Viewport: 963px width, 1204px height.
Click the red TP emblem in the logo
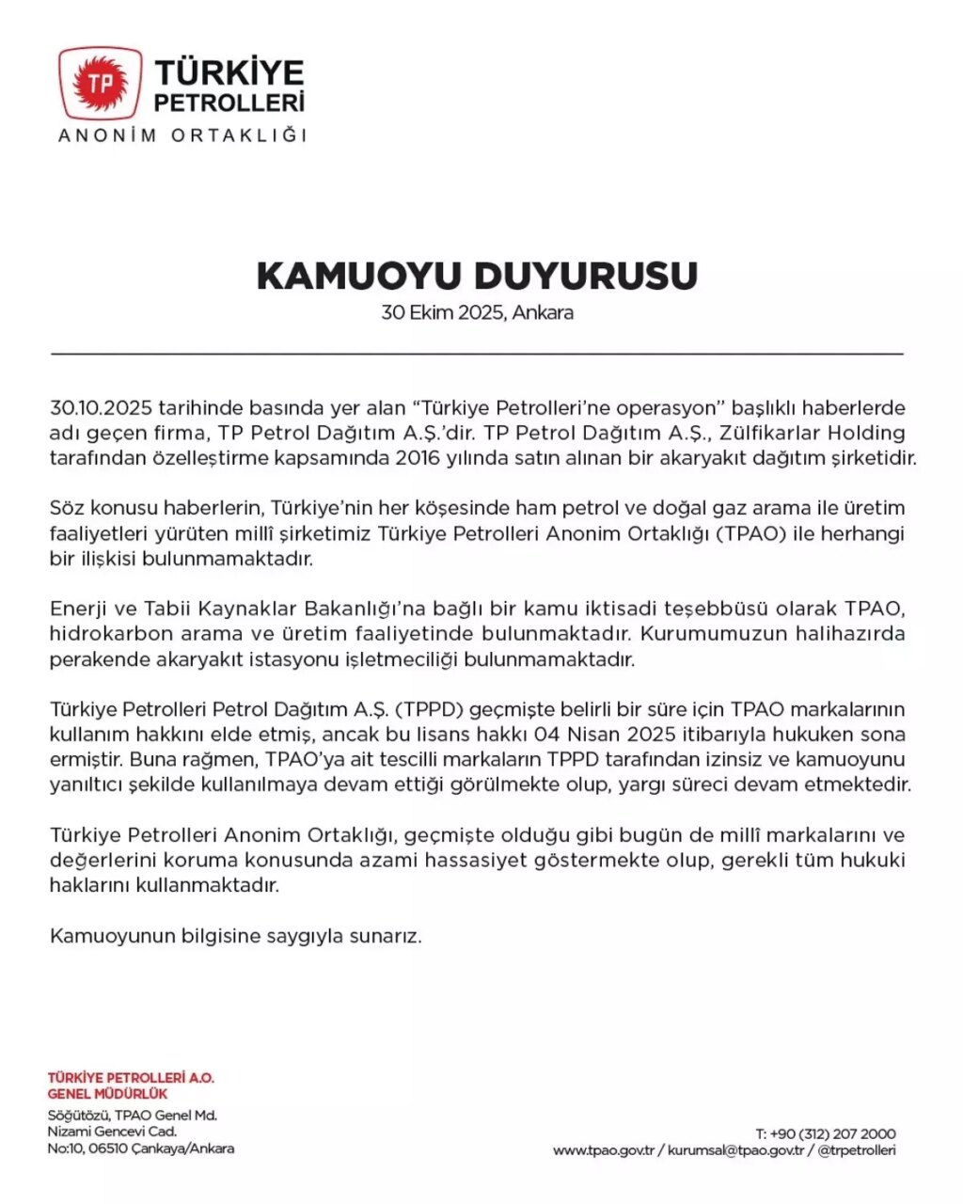click(100, 84)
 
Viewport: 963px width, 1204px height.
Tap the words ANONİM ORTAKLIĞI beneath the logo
click(182, 135)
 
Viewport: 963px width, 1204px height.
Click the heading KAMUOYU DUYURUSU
click(477, 276)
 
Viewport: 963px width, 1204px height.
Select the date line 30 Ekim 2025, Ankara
click(477, 313)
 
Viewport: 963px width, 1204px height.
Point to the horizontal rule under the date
click(477, 354)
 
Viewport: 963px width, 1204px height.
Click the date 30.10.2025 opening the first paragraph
click(101, 408)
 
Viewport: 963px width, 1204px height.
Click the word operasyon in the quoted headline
click(669, 408)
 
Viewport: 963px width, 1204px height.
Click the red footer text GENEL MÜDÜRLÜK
click(107, 1094)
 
